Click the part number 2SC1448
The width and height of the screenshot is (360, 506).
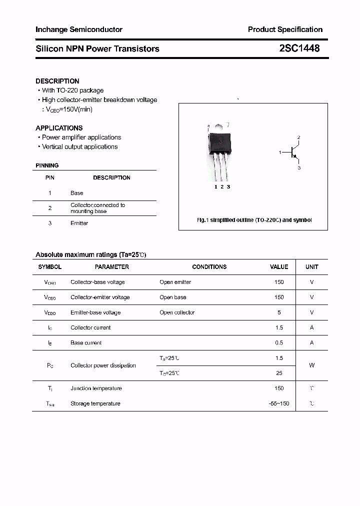click(x=299, y=48)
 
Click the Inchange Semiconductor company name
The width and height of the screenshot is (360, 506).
click(x=79, y=29)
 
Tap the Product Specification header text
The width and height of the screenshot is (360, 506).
click(x=285, y=29)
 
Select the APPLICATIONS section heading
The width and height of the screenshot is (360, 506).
click(x=59, y=128)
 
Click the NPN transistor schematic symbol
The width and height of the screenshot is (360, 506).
click(x=292, y=152)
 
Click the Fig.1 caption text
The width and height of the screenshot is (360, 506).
click(x=253, y=220)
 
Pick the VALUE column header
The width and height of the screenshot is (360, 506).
click(x=279, y=267)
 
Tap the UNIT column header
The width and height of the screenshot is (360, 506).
click(x=311, y=267)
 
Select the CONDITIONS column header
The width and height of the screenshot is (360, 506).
click(x=209, y=267)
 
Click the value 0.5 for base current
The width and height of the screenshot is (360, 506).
click(x=279, y=343)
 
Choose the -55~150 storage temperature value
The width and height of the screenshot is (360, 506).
click(x=279, y=403)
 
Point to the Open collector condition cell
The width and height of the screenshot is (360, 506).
click(x=177, y=312)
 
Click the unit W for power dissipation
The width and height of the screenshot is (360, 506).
click(x=311, y=365)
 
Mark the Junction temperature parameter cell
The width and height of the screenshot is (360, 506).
click(x=95, y=388)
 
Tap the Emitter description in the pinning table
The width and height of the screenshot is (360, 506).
click(x=79, y=223)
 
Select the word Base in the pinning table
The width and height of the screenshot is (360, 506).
click(x=77, y=193)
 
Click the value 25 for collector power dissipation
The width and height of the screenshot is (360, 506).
click(x=279, y=373)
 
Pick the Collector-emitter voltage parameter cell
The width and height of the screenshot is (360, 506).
click(x=100, y=297)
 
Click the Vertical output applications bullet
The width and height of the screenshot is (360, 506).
click(x=79, y=147)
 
